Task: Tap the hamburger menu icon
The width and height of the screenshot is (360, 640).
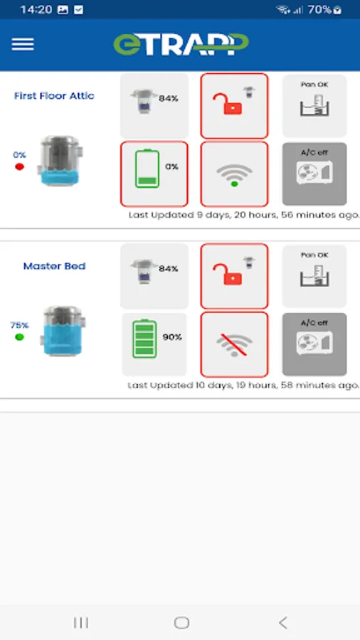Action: click(x=23, y=44)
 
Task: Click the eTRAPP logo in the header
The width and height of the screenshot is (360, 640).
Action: click(x=181, y=44)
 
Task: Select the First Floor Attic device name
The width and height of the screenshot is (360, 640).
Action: click(x=54, y=96)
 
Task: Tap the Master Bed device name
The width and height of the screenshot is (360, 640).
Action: click(x=54, y=266)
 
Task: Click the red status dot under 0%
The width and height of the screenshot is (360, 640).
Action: click(x=19, y=166)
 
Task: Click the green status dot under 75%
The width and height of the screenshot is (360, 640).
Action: click(x=19, y=337)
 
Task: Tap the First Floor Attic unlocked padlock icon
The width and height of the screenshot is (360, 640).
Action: click(x=228, y=104)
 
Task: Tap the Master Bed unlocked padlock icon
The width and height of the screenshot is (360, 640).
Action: click(x=228, y=274)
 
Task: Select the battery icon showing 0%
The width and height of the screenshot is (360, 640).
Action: click(x=147, y=169)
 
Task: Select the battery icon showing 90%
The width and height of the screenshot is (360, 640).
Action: click(x=144, y=338)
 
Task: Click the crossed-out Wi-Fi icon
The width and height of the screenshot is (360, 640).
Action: click(x=234, y=345)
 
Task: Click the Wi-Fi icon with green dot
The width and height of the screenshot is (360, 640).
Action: click(x=234, y=176)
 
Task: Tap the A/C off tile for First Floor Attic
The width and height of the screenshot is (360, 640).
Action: click(x=314, y=174)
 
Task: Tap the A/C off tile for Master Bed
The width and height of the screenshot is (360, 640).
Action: click(x=314, y=344)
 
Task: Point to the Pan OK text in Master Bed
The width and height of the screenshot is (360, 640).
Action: click(x=314, y=255)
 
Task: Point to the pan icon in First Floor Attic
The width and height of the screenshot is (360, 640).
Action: click(x=314, y=106)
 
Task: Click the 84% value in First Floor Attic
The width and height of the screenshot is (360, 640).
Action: click(x=169, y=98)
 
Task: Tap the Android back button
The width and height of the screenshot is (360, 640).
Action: click(x=283, y=622)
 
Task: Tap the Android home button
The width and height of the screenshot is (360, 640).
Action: click(x=181, y=622)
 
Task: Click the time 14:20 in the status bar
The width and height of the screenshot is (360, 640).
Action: click(x=36, y=9)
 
